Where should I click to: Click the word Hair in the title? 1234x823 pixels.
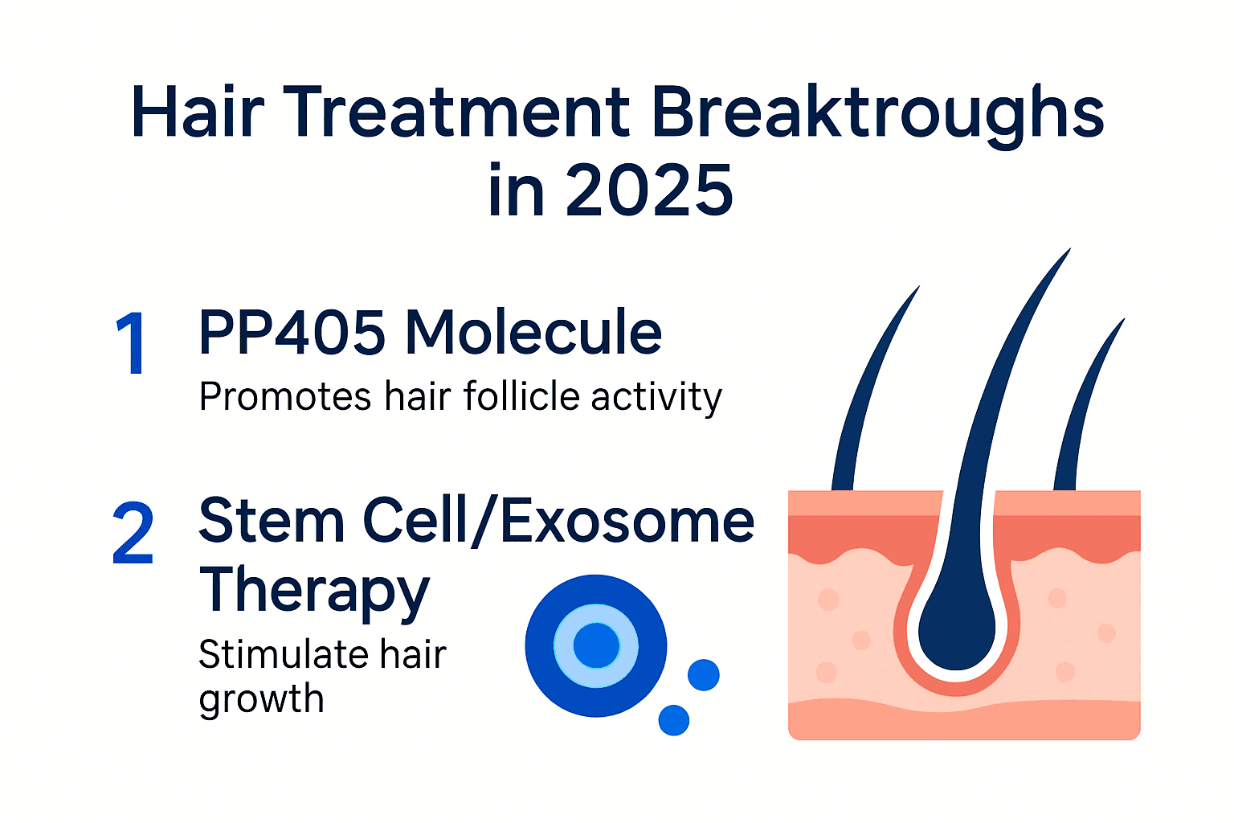(198, 113)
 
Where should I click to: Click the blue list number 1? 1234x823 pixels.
(131, 344)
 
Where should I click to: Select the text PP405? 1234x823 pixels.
(292, 333)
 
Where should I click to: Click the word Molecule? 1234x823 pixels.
(533, 333)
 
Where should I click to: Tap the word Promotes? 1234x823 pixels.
(285, 397)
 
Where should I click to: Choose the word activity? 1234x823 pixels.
(656, 397)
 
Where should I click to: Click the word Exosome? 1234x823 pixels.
(627, 521)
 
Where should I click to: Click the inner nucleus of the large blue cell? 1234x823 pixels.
(596, 645)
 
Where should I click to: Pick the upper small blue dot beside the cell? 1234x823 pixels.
(704, 675)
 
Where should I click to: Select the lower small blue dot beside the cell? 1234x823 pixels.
(673, 719)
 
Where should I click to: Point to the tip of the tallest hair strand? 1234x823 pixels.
(1069, 251)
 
